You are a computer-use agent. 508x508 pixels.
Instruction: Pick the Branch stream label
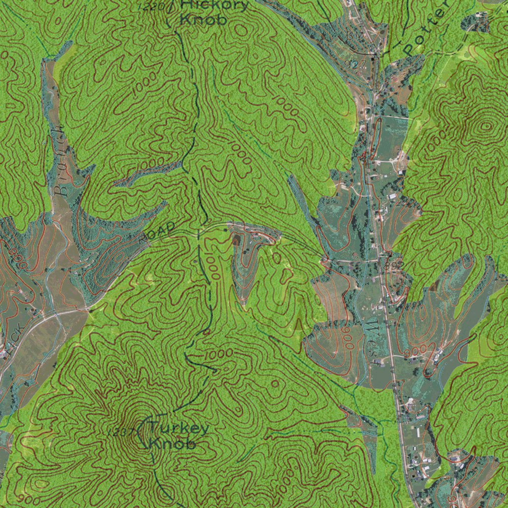pyautogui.click(x=60, y=159)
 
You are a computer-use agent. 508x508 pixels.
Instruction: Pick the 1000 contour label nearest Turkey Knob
pyautogui.click(x=218, y=354)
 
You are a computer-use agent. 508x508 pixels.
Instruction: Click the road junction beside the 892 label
pyautogui.click(x=382, y=258)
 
